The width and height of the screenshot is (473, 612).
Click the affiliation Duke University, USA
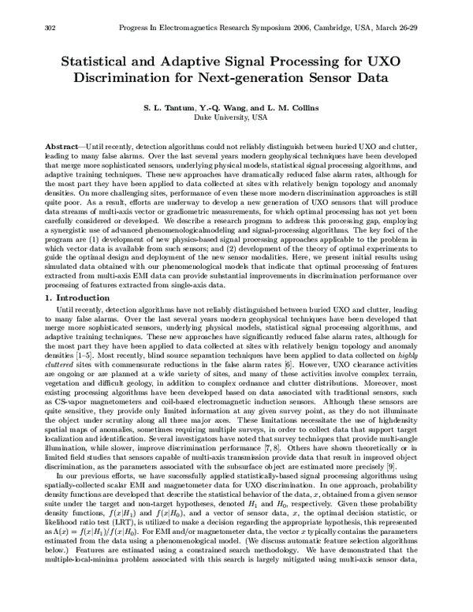tap(236, 117)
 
